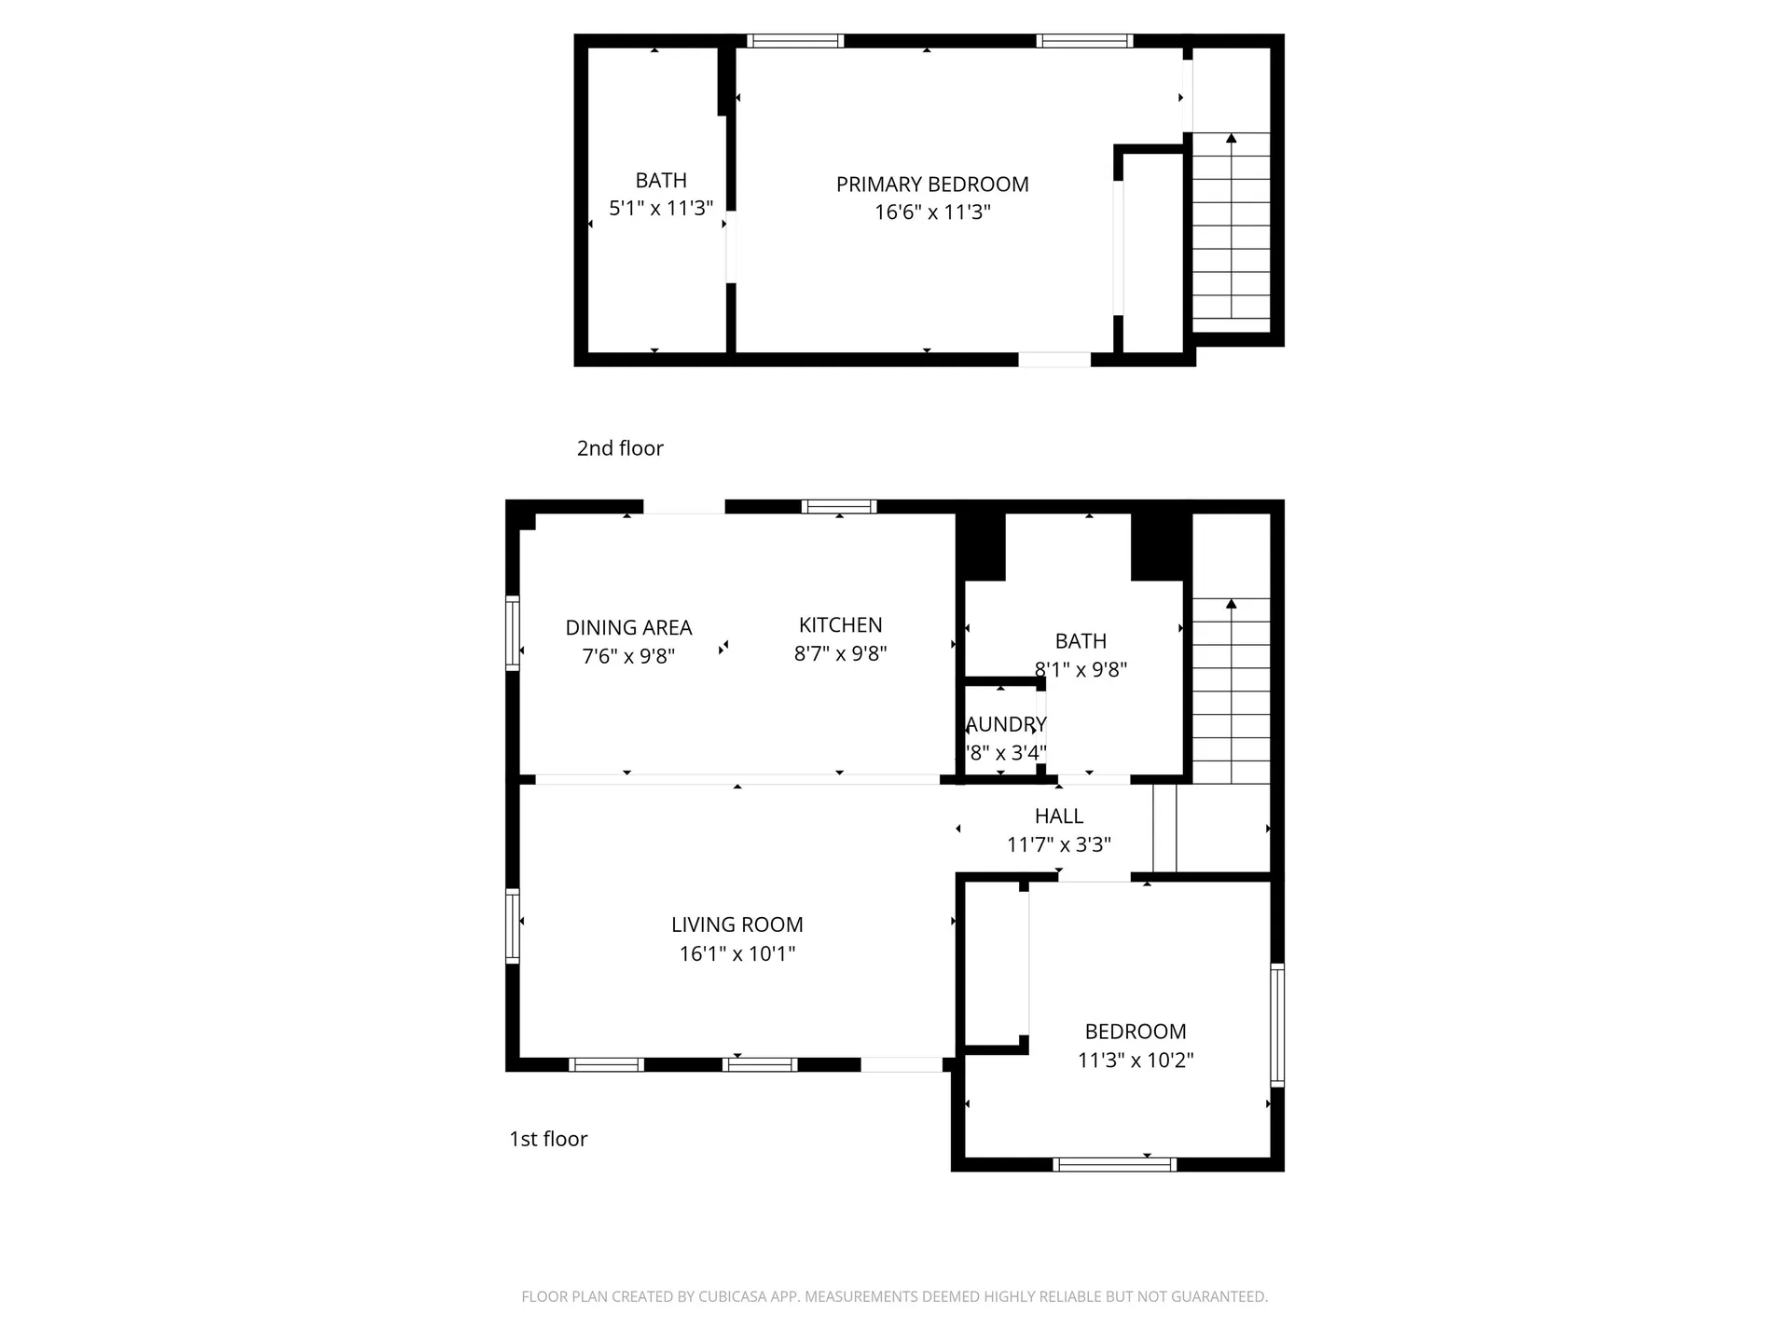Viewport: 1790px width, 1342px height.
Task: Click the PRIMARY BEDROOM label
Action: coord(932,185)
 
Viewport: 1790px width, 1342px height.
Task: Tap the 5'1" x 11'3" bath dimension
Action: coord(661,208)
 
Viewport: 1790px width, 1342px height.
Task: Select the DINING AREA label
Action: coord(628,628)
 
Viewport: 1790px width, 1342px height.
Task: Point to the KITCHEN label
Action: coord(840,625)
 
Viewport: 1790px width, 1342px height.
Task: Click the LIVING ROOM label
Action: coord(737,924)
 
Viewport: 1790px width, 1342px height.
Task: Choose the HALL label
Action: coord(1058,816)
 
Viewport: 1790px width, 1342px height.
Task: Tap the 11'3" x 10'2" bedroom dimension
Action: coord(1136,1060)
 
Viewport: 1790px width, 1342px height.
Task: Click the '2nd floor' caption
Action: coord(620,448)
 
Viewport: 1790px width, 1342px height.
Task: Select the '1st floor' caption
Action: coord(548,1139)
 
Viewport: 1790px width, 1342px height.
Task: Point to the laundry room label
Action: coord(1005,725)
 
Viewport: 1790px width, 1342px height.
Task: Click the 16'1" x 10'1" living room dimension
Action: coord(737,953)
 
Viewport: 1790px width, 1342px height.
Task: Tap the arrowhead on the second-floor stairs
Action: coord(1232,139)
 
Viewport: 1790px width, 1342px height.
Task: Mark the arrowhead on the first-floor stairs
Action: coord(1232,604)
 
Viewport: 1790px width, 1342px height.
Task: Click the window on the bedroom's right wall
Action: coord(1277,1024)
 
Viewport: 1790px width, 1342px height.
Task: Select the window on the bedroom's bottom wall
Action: coord(1114,1164)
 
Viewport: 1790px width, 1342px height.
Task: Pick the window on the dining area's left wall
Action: coord(512,633)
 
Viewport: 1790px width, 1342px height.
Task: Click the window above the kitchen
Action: coord(839,507)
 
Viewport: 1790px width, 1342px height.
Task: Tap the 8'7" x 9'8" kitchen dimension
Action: coord(840,654)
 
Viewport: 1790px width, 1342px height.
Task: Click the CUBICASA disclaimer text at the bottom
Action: coord(894,1296)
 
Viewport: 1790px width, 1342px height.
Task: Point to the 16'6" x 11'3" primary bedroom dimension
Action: coord(932,212)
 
